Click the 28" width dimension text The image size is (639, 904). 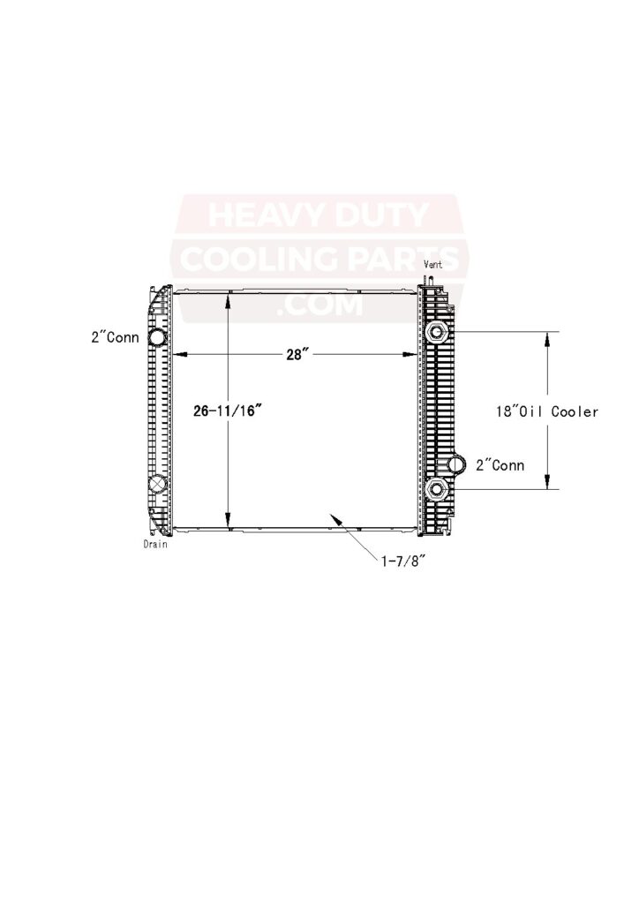[x=294, y=354]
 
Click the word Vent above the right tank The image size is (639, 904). [x=433, y=265]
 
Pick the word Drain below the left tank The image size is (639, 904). [x=155, y=545]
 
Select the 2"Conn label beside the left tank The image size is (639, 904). [x=115, y=336]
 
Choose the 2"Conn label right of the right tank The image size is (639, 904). [x=500, y=464]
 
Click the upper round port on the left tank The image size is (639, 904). [x=157, y=337]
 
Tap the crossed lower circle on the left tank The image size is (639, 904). [x=157, y=484]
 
